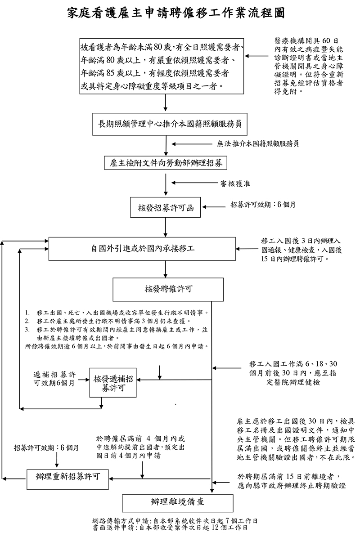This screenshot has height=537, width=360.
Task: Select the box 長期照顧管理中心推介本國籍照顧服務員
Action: pyautogui.click(x=166, y=124)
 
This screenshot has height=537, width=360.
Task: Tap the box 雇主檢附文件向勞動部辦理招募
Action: pyautogui.click(x=166, y=163)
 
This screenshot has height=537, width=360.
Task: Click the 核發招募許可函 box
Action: pyautogui.click(x=166, y=207)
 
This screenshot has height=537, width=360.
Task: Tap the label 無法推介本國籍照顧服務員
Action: pyautogui.click(x=257, y=144)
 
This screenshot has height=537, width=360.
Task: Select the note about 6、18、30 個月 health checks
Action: pyautogui.click(x=292, y=373)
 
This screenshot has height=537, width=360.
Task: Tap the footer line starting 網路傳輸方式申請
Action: pyautogui.click(x=175, y=521)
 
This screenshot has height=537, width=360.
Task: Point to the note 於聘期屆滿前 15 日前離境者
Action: pyautogui.click(x=292, y=481)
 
